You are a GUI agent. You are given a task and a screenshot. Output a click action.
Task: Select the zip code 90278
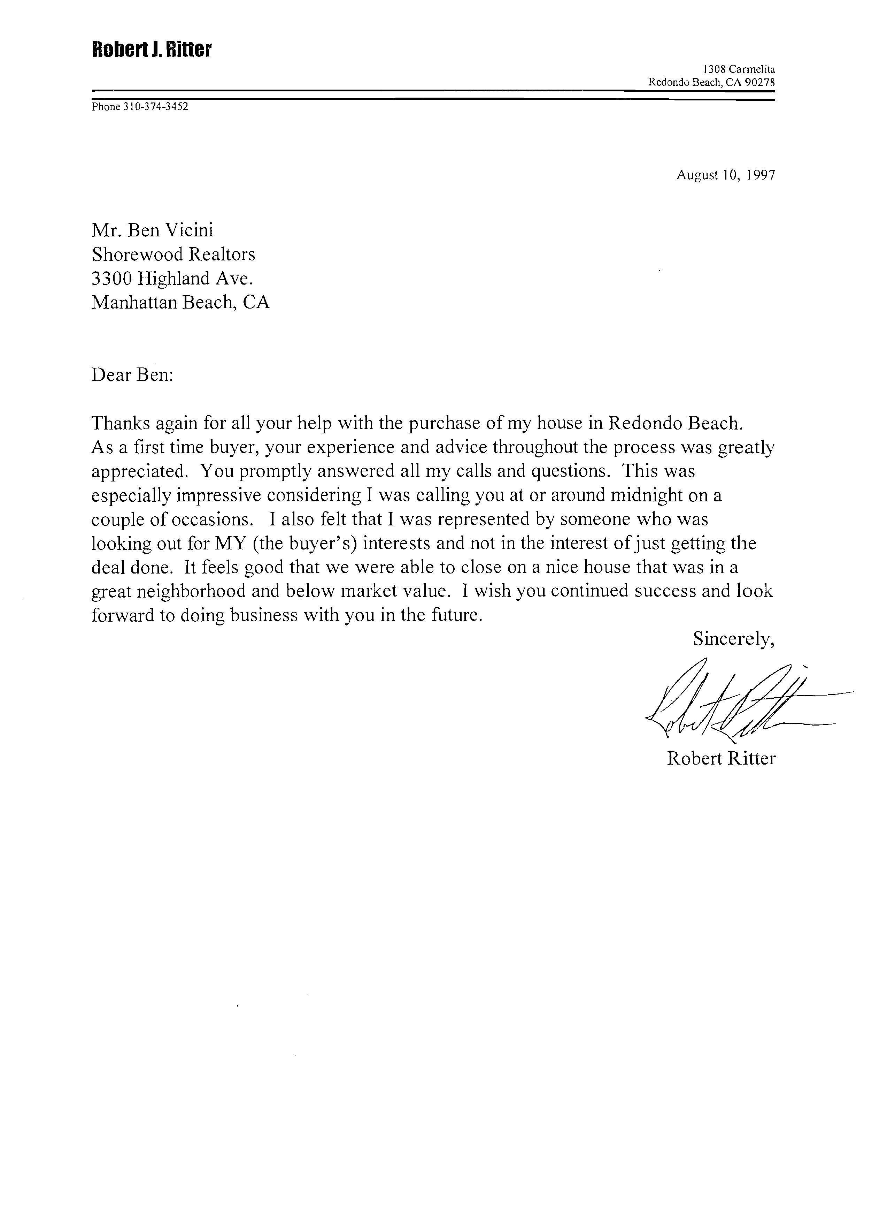point(759,82)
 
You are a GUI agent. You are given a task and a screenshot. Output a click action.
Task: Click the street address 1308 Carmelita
point(739,69)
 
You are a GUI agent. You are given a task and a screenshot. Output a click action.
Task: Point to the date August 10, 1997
point(725,175)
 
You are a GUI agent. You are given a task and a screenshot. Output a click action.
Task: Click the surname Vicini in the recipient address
point(189,230)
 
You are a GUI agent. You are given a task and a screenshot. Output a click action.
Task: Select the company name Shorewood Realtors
point(173,254)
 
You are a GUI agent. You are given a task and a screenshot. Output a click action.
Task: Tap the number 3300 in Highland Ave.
point(112,279)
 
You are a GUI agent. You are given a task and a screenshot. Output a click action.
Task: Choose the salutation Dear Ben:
point(132,374)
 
